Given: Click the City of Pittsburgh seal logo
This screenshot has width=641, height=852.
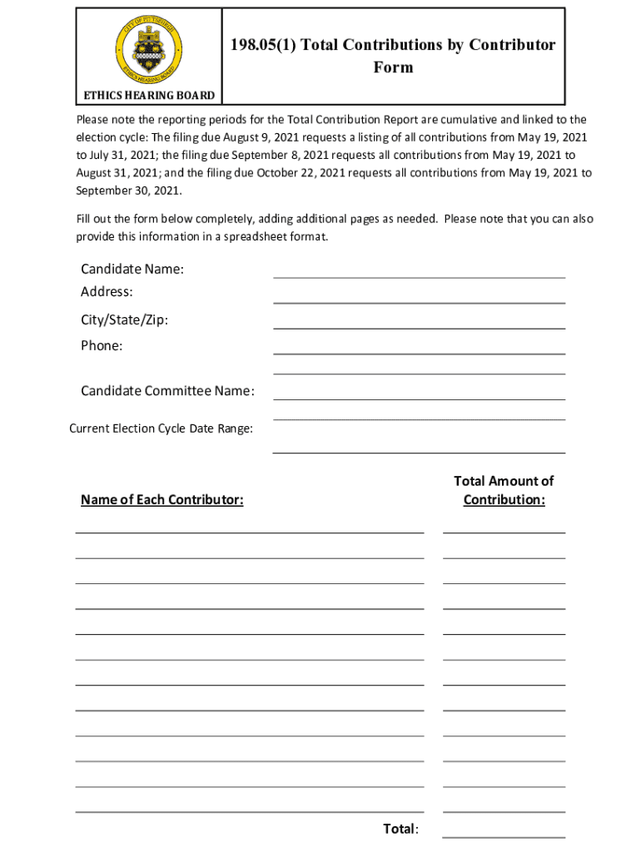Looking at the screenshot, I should pyautogui.click(x=147, y=47).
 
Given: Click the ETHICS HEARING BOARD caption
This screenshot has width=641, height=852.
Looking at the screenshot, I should pyautogui.click(x=147, y=96).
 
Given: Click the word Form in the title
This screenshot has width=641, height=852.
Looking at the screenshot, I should pyautogui.click(x=393, y=67).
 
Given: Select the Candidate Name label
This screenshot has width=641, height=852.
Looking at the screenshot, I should pyautogui.click(x=132, y=269).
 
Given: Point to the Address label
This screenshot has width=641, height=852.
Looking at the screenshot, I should pyautogui.click(x=107, y=292).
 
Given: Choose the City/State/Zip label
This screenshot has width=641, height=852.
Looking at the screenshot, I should pyautogui.click(x=124, y=320).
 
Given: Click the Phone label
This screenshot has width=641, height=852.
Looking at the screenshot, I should pyautogui.click(x=102, y=345).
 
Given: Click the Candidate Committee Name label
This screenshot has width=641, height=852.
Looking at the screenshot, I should pyautogui.click(x=167, y=391).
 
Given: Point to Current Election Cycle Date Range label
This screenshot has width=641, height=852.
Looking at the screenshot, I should pyautogui.click(x=161, y=428).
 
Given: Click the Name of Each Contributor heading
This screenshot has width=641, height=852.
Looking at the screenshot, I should pyautogui.click(x=161, y=500).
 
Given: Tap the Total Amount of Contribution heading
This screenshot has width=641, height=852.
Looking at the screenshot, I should pyautogui.click(x=504, y=490).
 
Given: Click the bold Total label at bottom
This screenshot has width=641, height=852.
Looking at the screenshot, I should pyautogui.click(x=400, y=829).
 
